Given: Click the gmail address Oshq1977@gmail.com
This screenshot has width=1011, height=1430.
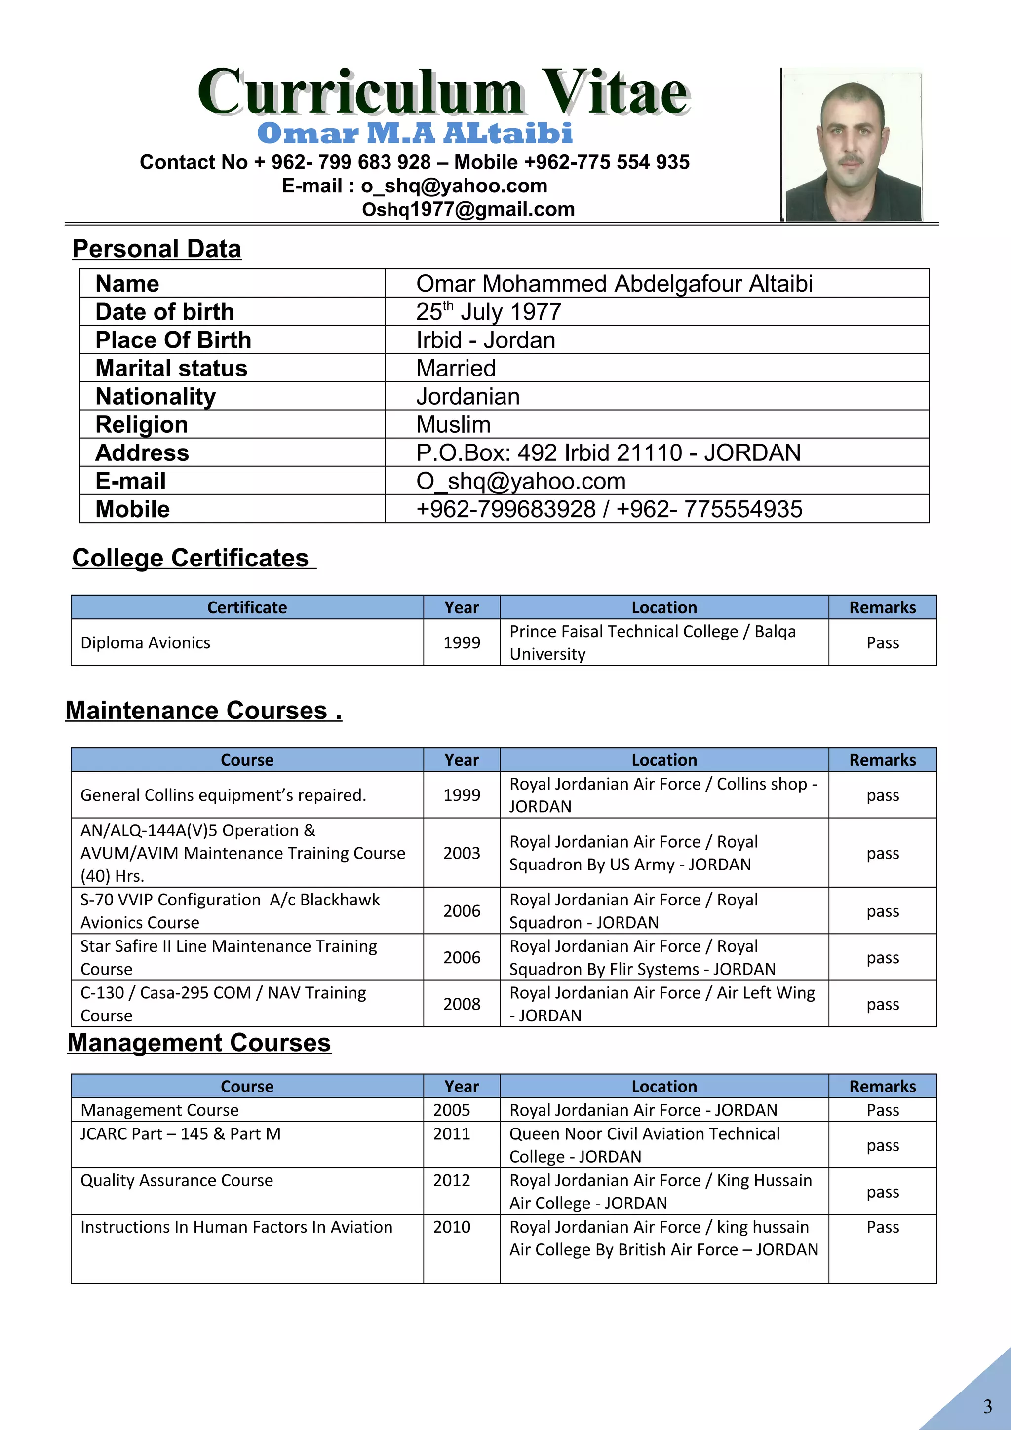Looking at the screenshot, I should pyautogui.click(x=468, y=209).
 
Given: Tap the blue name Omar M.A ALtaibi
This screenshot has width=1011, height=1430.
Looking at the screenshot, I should pyautogui.click(x=414, y=133).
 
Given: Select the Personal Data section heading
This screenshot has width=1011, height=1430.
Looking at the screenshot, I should pyautogui.click(x=156, y=249).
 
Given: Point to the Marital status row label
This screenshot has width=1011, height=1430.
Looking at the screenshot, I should pyautogui.click(x=171, y=368).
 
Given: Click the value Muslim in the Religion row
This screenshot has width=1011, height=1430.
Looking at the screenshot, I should pyautogui.click(x=454, y=425).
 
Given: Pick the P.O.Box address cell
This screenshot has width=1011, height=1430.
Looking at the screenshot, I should pyautogui.click(x=608, y=453).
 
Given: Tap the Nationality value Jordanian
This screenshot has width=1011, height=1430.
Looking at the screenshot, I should pyautogui.click(x=468, y=397).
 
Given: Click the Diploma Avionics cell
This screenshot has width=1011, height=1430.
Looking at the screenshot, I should pyautogui.click(x=146, y=643).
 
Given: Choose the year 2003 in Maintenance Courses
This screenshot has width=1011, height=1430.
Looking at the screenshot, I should pyautogui.click(x=462, y=853).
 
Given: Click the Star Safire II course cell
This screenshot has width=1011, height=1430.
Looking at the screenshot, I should pyautogui.click(x=229, y=957).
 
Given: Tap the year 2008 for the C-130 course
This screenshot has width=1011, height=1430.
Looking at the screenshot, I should pyautogui.click(x=462, y=1004).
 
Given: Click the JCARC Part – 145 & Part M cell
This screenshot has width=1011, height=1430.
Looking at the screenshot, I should pyautogui.click(x=181, y=1134).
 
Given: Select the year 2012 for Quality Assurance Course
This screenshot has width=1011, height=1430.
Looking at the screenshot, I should pyautogui.click(x=452, y=1181).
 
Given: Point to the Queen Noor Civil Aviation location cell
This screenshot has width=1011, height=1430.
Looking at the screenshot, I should pyautogui.click(x=644, y=1145).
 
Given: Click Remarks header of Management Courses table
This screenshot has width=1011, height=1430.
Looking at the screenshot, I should pyautogui.click(x=882, y=1087).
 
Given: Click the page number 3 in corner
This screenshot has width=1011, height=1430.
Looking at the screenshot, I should pyautogui.click(x=987, y=1406).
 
